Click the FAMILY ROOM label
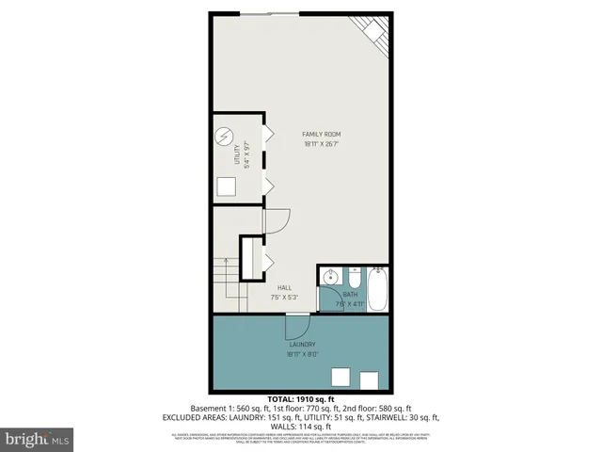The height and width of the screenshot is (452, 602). pos(321,134)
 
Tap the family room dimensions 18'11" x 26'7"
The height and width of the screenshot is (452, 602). pos(321,144)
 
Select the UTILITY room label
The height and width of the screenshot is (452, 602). pos(237,153)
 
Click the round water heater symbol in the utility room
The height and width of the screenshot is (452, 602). pos(224,136)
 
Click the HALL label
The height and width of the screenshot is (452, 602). pos(284,287)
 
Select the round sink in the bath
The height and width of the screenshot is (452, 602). pos(330,278)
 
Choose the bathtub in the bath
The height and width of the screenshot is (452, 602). pos(378,290)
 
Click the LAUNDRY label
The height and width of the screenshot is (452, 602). pos(302,345)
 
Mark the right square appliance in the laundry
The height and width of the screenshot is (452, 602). pos(369,379)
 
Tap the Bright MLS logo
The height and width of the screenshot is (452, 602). pos(38,438)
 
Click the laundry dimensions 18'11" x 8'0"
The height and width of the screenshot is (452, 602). pos(302,355)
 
